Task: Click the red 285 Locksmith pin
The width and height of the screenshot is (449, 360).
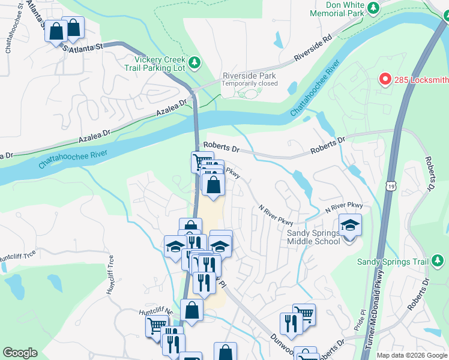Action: point(385,79)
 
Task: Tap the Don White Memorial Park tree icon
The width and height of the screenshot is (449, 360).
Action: point(373,8)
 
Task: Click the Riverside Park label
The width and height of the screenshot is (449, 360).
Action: point(249,76)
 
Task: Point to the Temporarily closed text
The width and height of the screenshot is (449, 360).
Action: point(249,83)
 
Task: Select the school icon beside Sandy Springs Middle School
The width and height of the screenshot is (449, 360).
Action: point(351,226)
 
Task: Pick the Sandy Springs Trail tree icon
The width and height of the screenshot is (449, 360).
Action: point(439,261)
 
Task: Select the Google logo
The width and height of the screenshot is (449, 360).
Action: point(20,353)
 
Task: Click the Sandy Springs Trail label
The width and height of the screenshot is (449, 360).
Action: point(393,262)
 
